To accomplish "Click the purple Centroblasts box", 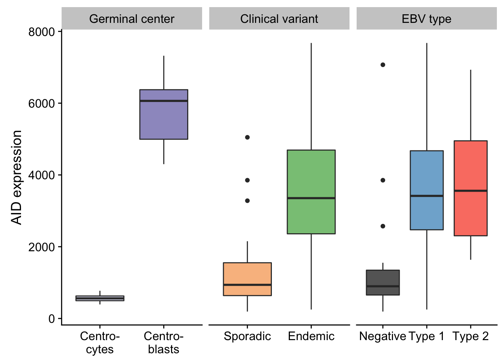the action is [164, 114].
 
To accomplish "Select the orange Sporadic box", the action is [247, 279].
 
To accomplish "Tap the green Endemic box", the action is [311, 192].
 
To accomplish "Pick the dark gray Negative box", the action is [383, 282].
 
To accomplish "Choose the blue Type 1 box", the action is [427, 190].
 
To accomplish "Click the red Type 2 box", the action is [471, 188].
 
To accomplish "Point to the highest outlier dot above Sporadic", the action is [247, 137].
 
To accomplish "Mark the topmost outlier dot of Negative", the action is [383, 65].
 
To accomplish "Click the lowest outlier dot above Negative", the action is [383, 226].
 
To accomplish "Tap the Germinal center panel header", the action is [132, 18].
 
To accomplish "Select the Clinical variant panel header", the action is [279, 18].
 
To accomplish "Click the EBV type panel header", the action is [427, 18].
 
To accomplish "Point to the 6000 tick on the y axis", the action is [60, 103].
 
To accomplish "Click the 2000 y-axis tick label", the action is [42, 247].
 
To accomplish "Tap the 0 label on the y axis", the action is [52, 319].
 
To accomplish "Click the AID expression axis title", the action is [16, 177].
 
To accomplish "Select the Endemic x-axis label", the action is [311, 336].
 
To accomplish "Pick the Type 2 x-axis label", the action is [471, 336].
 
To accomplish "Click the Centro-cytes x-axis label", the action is [100, 343].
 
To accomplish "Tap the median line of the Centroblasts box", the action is [164, 101].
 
